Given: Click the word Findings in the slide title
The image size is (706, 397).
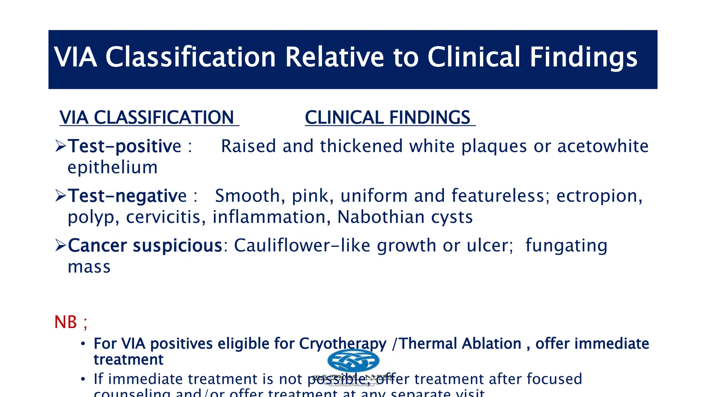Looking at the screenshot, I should pos(583,57).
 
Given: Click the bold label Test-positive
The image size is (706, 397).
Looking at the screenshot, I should pos(124,146).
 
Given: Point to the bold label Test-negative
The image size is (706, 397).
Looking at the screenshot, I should pos(127,196).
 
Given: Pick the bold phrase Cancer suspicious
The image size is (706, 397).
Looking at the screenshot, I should pos(145,245).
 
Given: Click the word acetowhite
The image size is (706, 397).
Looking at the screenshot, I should pos(603,146).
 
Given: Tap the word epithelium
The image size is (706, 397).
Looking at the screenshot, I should pos(113,167).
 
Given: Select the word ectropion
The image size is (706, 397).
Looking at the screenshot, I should pos(599,196).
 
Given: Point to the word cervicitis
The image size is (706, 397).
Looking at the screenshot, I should pos(166,217).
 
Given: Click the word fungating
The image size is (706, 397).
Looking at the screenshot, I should pos(566,246).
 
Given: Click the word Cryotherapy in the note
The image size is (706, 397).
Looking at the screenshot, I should pos(343,344).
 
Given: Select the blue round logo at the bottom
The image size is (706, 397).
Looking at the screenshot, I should pos(353,361).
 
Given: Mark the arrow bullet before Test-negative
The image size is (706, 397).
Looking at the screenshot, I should pos(61,196).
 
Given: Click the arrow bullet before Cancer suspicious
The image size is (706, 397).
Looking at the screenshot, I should pos(61,245).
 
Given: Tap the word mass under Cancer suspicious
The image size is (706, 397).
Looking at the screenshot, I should pos(89,267).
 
